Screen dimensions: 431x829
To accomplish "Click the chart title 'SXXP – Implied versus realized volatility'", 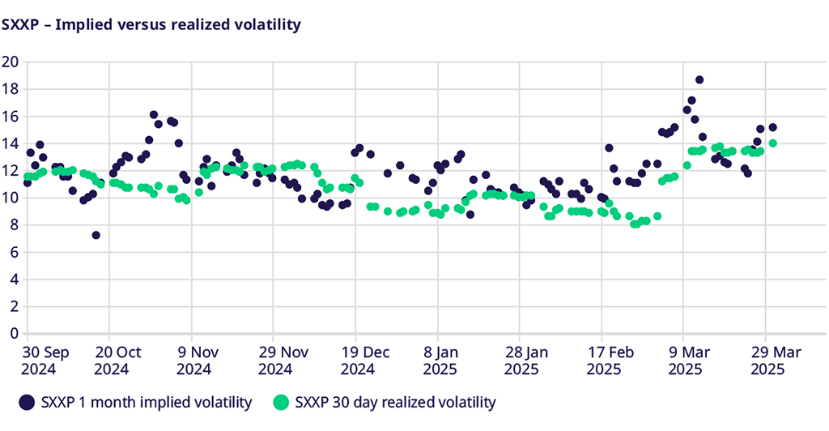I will [x=151, y=25].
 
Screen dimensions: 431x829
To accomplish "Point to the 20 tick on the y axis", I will [x=11, y=62].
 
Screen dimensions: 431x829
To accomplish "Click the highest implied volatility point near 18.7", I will [x=699, y=80].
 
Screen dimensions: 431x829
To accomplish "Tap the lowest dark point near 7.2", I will [x=96, y=235].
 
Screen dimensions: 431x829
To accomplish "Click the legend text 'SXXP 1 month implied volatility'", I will [x=147, y=402].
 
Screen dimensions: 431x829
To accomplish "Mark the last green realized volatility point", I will [x=772, y=143].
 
